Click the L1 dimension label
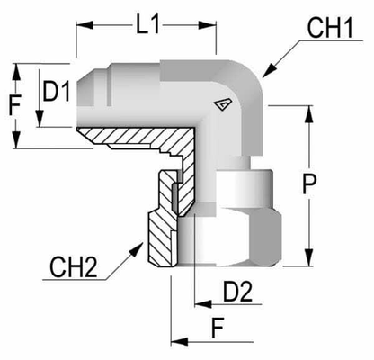pos(147,26)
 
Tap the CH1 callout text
pos(329,28)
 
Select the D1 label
pos(58,91)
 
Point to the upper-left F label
pos(13,104)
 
